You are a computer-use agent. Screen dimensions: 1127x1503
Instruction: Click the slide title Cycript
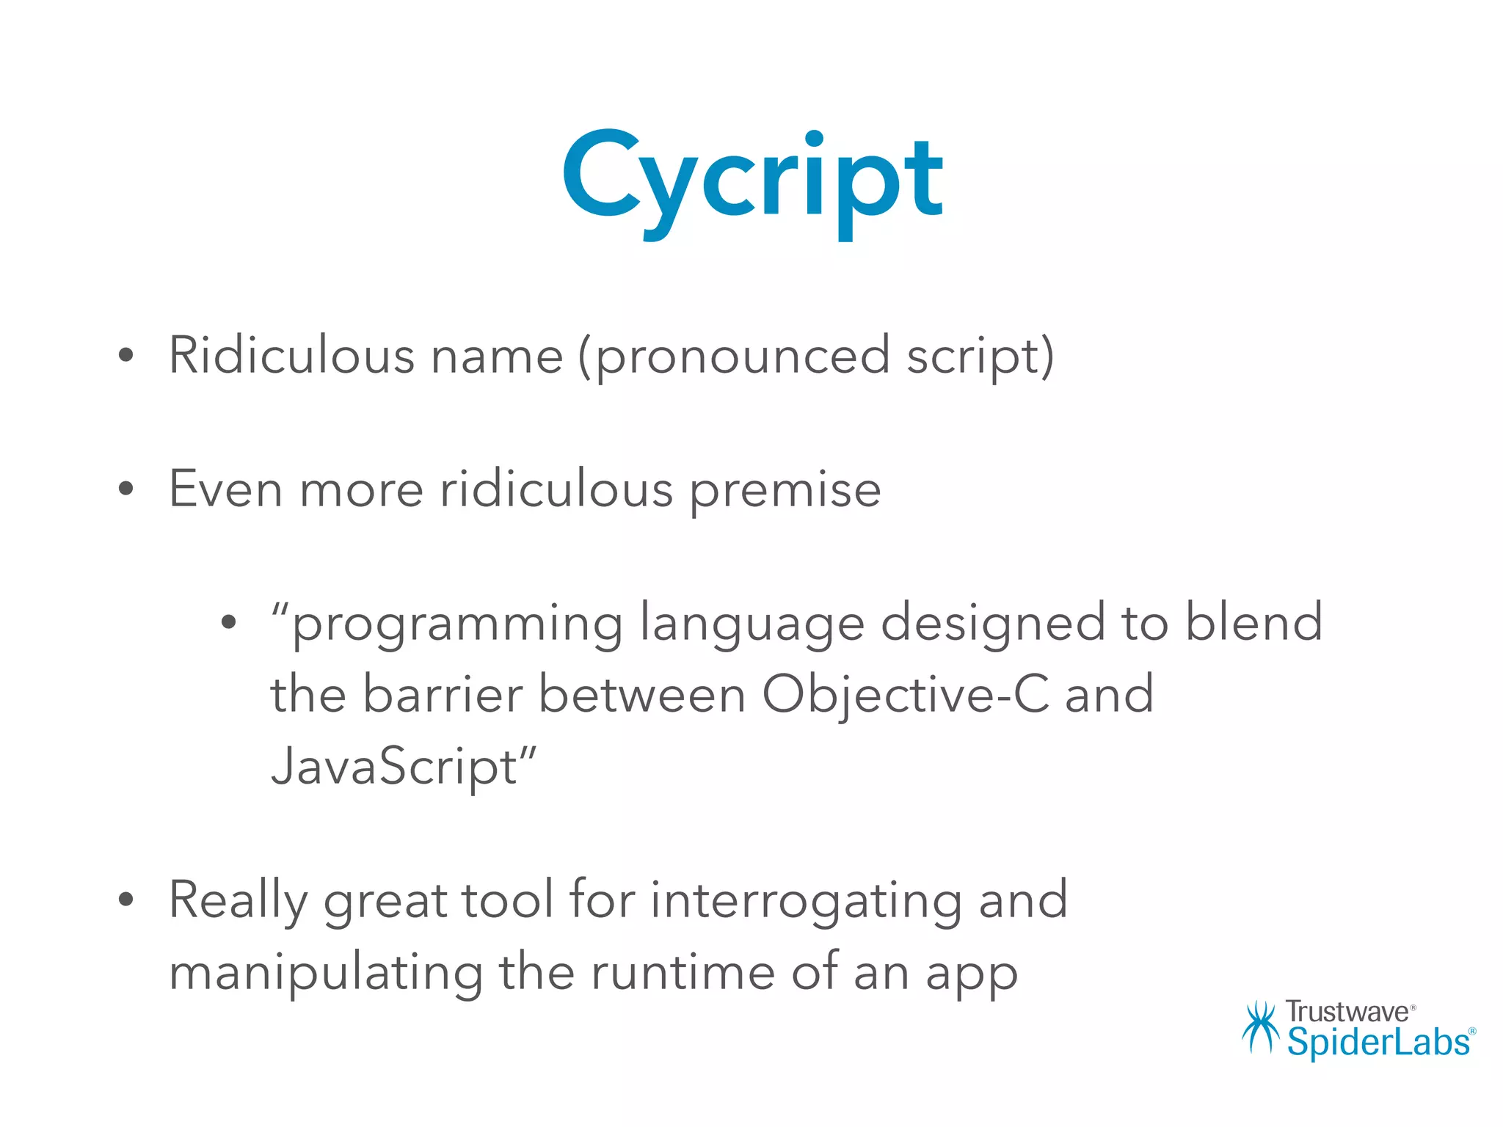tap(753, 180)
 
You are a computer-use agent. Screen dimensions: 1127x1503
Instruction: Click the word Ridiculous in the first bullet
tap(291, 356)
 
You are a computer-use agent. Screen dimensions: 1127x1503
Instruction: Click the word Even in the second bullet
tap(225, 489)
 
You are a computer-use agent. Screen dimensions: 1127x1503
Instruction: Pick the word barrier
tap(443, 695)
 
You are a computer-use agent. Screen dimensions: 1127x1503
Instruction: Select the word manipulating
tap(326, 974)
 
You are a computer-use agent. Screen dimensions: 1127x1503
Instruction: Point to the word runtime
tap(683, 974)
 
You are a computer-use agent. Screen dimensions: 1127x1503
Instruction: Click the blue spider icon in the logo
tap(1261, 1026)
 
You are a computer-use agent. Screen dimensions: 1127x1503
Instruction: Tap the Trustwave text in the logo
tap(1346, 1012)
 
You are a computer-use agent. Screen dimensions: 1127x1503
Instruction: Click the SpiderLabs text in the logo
tap(1378, 1043)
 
